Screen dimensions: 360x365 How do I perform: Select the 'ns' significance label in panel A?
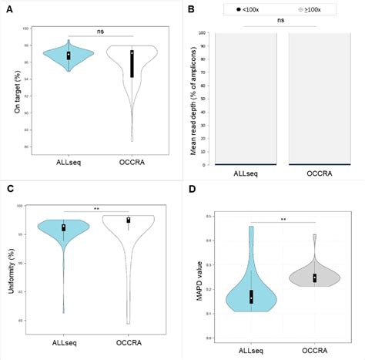click(101, 32)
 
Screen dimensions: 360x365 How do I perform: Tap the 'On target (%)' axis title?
click(16, 93)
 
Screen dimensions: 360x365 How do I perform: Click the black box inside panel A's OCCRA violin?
click(132, 64)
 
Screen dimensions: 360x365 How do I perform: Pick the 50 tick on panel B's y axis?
click(203, 99)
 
